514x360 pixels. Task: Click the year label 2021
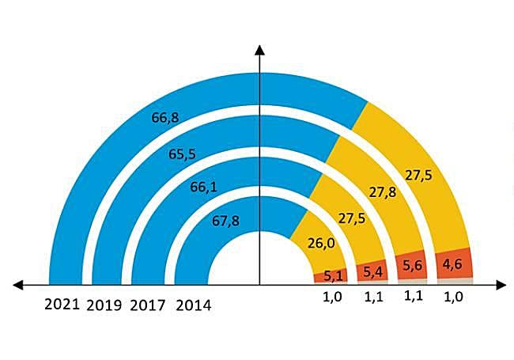pyautogui.click(x=62, y=304)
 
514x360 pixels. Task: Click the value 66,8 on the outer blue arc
pyautogui.click(x=164, y=118)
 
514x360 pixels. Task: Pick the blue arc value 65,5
pyautogui.click(x=182, y=155)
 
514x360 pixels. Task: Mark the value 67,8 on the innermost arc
pyautogui.click(x=226, y=221)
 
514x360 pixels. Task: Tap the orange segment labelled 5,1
pyautogui.click(x=334, y=276)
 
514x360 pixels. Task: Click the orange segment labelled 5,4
pyautogui.click(x=372, y=272)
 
